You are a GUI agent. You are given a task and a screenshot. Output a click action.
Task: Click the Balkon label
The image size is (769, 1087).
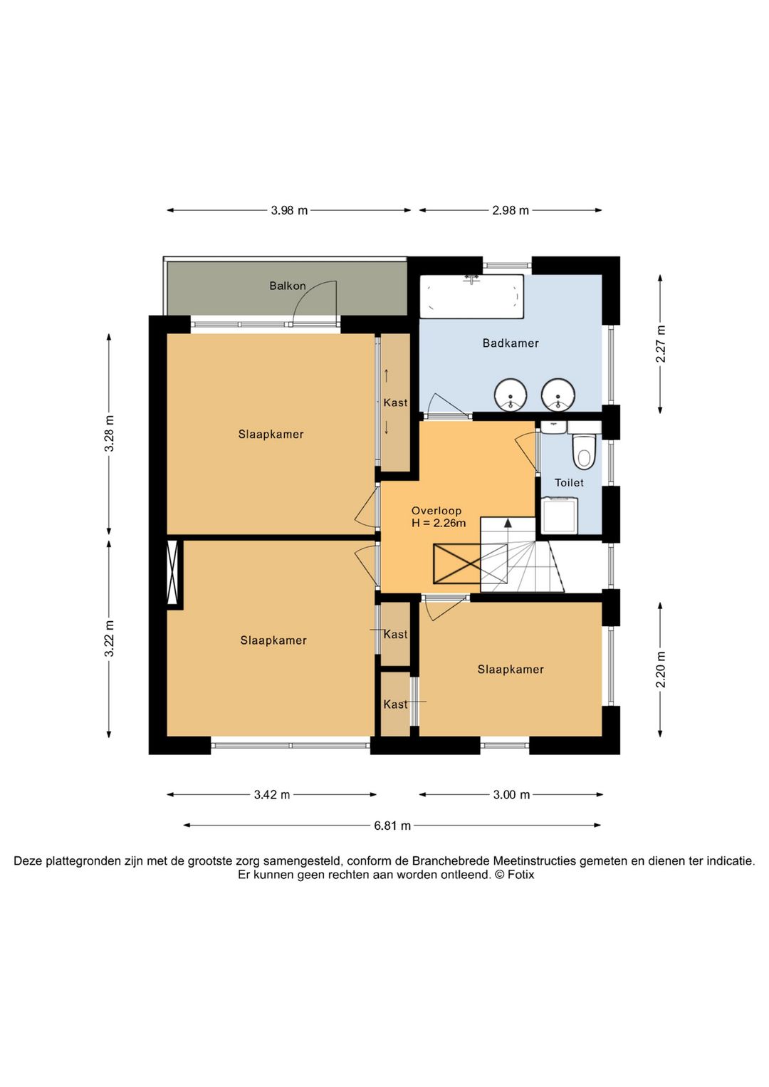click(288, 286)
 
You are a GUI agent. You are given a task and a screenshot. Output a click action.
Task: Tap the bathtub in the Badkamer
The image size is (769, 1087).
click(471, 296)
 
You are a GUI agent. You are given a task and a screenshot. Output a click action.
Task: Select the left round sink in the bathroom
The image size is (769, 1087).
click(511, 395)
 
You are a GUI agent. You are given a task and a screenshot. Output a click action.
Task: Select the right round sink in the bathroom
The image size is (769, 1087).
click(558, 395)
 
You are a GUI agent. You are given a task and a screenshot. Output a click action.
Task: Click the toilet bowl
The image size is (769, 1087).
click(584, 452)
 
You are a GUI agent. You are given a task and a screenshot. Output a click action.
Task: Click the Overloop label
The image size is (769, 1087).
click(436, 511)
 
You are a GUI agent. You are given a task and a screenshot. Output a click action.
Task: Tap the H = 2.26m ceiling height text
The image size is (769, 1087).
click(439, 523)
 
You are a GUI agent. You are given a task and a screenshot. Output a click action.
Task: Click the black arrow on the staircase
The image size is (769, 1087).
click(508, 523)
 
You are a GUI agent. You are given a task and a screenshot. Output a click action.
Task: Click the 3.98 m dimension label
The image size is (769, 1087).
click(289, 210)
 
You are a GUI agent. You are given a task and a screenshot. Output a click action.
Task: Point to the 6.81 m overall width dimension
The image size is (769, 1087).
click(392, 826)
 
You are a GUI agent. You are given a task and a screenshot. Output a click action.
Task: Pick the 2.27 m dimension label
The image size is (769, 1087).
click(661, 343)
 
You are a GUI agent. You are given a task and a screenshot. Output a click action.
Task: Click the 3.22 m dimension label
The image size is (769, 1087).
click(109, 638)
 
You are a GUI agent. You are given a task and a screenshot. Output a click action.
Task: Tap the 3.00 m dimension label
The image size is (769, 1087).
click(511, 794)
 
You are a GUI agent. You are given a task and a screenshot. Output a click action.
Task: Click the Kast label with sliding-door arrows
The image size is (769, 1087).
click(395, 402)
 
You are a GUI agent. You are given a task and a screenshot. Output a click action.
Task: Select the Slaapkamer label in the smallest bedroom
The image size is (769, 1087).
click(511, 670)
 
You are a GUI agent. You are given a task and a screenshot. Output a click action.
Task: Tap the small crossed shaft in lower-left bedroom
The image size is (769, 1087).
click(172, 573)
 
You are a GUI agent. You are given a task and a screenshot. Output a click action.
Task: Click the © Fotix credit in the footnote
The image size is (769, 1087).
click(514, 875)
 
